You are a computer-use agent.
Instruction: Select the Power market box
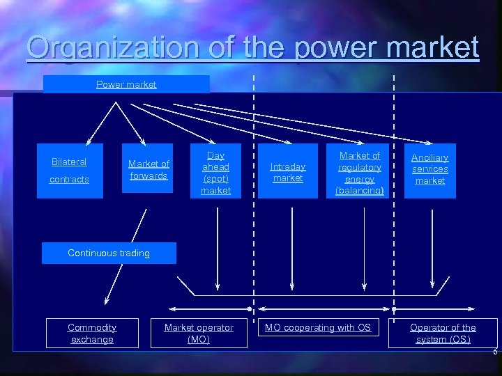[x=126, y=84]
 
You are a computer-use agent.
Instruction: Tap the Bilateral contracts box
[x=70, y=171]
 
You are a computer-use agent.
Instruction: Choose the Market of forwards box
[x=149, y=170]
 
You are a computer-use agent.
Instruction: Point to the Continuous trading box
[x=109, y=253]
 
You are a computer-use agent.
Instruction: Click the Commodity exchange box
[x=92, y=334]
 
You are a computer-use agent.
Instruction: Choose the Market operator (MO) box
[x=199, y=334]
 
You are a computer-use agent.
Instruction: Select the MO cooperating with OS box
[x=318, y=328]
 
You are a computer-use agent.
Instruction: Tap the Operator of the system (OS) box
[x=443, y=334]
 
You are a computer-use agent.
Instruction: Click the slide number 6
[x=495, y=352]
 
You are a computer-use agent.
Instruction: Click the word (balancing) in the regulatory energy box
[x=360, y=190]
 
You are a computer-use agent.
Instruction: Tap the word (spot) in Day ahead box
[x=215, y=178]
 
